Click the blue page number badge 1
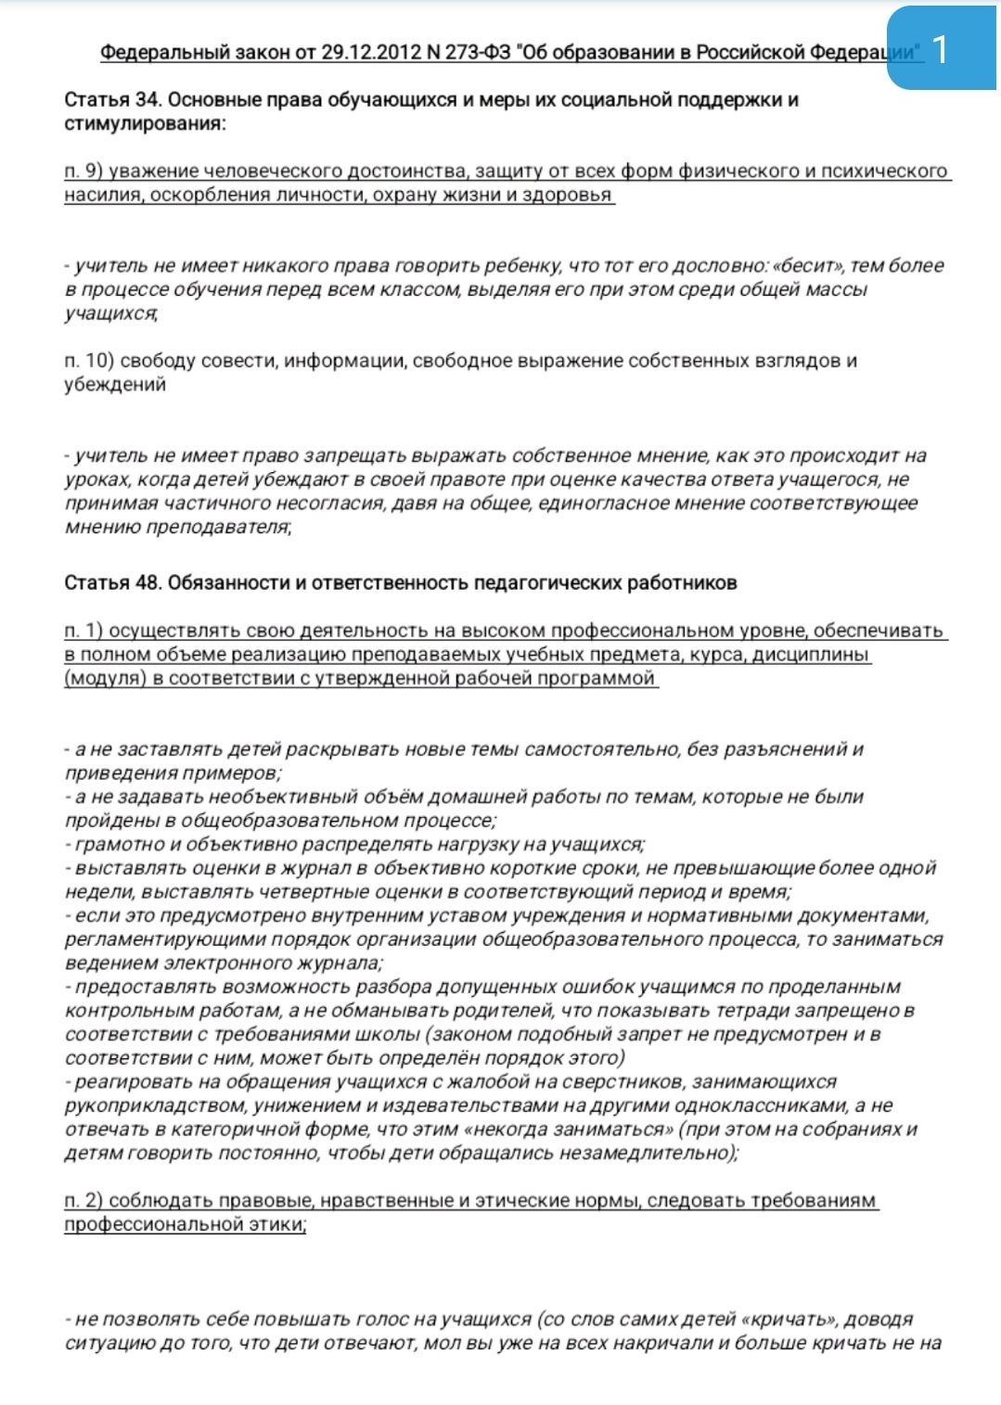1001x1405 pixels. tap(942, 49)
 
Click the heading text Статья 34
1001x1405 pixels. tap(113, 100)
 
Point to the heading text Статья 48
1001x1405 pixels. tap(113, 582)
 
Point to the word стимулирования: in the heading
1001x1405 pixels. tap(145, 123)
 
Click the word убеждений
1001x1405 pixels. tap(115, 384)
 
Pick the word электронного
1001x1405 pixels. tap(241, 963)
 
